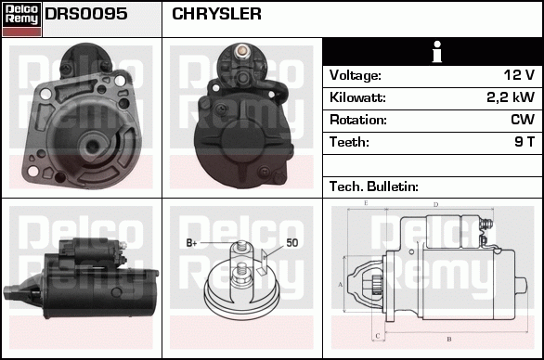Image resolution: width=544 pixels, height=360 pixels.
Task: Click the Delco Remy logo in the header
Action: pos(21,18)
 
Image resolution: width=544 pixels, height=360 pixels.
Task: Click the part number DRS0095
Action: pos(86,15)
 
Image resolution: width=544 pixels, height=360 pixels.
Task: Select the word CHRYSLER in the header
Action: pos(216,15)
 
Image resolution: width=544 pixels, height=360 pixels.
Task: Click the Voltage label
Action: pos(356,75)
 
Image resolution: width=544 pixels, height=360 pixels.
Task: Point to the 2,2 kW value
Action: pos(509,97)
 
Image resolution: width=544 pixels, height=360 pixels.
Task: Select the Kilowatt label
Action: pos(357,97)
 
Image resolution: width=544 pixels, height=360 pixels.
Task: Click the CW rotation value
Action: pos(522,120)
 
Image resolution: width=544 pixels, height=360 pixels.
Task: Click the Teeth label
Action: pos(349,142)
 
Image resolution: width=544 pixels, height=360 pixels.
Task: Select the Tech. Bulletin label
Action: pos(374,186)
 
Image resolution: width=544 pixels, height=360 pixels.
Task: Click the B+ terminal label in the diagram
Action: pos(192,243)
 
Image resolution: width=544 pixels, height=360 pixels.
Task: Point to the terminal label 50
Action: pos(291,243)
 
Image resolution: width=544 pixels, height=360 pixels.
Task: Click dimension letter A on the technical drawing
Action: pos(341,284)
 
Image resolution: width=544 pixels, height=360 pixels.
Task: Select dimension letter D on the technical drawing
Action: pos(434,204)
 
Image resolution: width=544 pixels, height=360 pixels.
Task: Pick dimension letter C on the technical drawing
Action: pos(375,336)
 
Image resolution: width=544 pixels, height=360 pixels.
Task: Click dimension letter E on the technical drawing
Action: pos(366,203)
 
